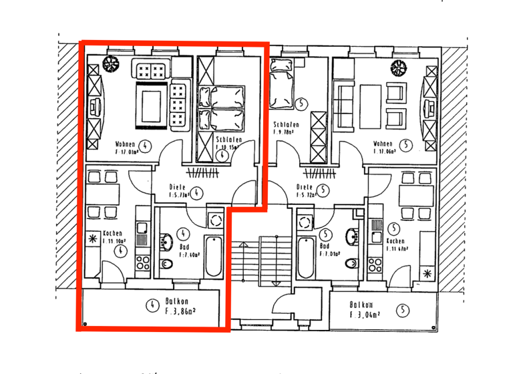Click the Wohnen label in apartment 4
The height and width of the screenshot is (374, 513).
point(125,144)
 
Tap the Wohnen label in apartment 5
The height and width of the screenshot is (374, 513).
point(383,144)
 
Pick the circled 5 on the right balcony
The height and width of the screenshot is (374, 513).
point(402,309)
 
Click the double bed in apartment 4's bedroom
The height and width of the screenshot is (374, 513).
point(228,107)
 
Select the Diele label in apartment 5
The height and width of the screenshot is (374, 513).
point(305,187)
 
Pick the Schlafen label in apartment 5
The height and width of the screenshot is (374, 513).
point(286,125)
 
